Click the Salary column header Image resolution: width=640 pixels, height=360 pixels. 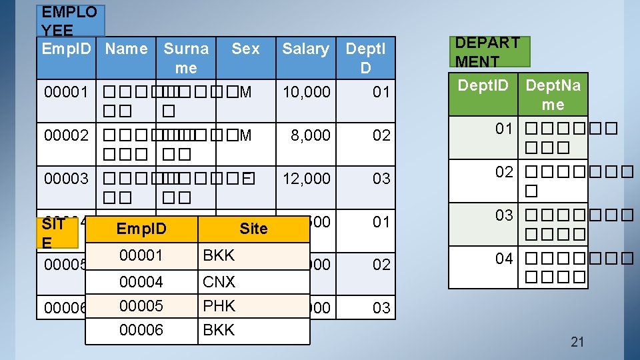305,49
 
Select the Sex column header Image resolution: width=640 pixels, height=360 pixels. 245,49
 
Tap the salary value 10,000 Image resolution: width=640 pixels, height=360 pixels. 307,92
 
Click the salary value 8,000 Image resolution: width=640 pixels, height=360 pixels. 311,135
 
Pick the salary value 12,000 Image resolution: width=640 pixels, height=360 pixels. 307,179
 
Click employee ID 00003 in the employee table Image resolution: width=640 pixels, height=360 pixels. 66,179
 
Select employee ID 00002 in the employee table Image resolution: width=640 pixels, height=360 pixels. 66,135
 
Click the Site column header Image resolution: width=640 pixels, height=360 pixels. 253,229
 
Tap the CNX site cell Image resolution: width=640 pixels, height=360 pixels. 219,282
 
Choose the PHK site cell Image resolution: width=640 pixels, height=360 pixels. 219,306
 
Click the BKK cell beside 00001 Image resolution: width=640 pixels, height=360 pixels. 219,255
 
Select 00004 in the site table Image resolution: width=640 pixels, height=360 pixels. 141,282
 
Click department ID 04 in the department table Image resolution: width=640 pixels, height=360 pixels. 504,259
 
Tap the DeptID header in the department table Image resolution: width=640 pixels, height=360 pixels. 483,85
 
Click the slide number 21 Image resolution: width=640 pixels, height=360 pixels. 577,342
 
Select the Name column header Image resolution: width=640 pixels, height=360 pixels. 127,49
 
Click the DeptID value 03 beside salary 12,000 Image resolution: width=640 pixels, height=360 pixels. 381,179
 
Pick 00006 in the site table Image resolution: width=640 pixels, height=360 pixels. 141,330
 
